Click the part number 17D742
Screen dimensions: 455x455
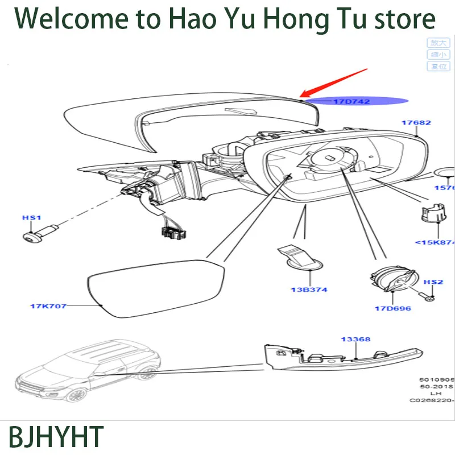click(x=351, y=102)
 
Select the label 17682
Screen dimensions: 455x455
click(x=416, y=122)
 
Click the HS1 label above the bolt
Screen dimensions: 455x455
click(x=32, y=218)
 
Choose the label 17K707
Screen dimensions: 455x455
click(x=48, y=306)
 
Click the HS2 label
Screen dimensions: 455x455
click(x=433, y=282)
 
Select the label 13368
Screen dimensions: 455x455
click(x=355, y=340)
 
